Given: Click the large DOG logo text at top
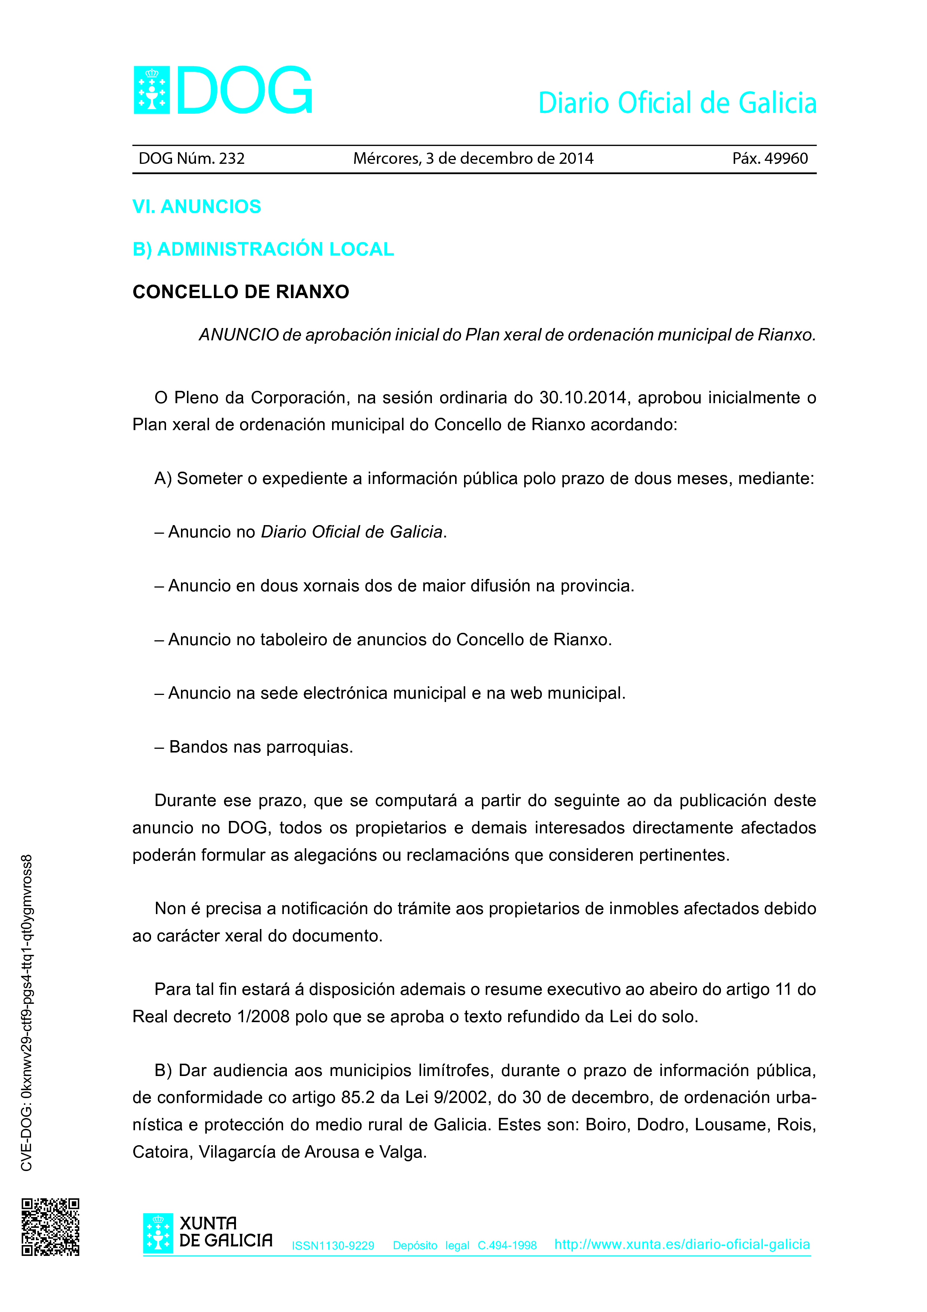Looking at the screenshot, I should (x=245, y=90).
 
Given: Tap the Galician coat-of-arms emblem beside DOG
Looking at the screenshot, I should (x=151, y=90).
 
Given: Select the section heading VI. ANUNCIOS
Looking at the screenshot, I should (x=196, y=206).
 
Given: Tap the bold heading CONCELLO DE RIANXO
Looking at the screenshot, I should (x=240, y=292).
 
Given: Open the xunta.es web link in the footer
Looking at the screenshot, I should (x=682, y=1245).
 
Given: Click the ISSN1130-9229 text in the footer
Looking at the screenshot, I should (x=333, y=1246).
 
